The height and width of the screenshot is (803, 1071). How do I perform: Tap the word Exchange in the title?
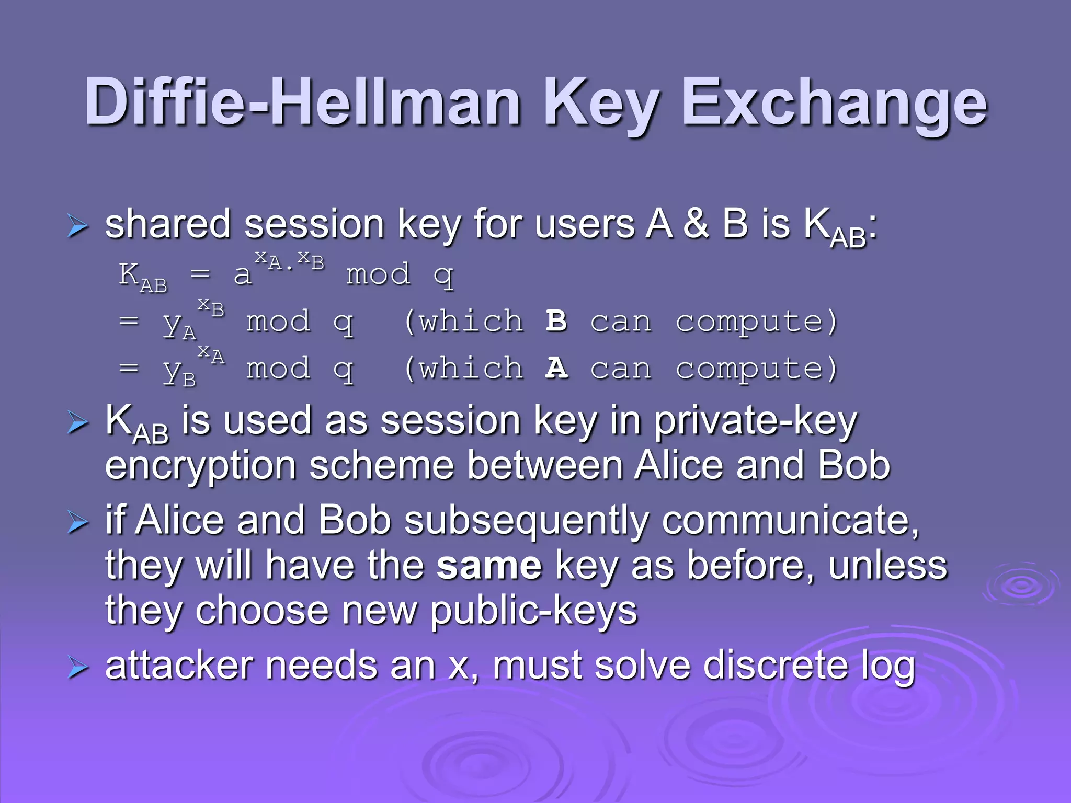pyautogui.click(x=834, y=102)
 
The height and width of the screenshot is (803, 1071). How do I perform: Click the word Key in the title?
pyautogui.click(x=601, y=102)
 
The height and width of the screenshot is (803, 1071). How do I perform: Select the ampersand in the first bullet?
pyautogui.click(x=697, y=224)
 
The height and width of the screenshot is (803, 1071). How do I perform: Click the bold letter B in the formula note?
pyautogui.click(x=556, y=320)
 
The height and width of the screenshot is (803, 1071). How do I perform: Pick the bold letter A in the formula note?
pyautogui.click(x=556, y=368)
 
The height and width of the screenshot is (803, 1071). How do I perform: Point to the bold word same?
pyautogui.click(x=489, y=566)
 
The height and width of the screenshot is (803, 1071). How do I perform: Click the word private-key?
pyautogui.click(x=756, y=421)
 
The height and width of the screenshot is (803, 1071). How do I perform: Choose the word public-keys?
pyautogui.click(x=533, y=611)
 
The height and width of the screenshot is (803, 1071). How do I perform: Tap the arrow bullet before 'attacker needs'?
pyautogui.click(x=78, y=668)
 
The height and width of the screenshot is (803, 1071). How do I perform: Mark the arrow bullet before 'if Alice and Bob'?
pyautogui.click(x=78, y=523)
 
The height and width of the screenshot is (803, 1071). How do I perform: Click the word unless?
pyautogui.click(x=887, y=566)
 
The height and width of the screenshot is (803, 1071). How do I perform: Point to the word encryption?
pyautogui.click(x=200, y=466)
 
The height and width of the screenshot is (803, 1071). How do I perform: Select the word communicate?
pyautogui.click(x=790, y=521)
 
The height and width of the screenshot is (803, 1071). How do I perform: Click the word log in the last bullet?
pyautogui.click(x=888, y=667)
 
